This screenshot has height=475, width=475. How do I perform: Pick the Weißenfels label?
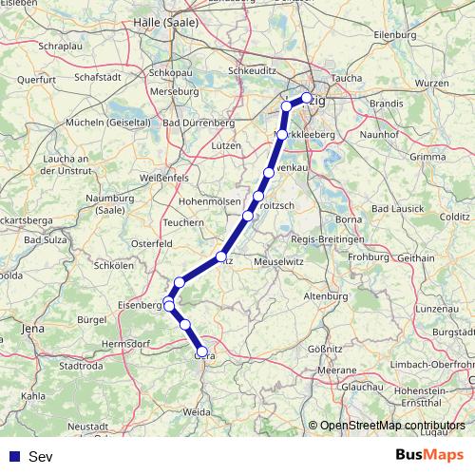(x=165, y=179)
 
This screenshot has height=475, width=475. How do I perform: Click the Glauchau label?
(x=362, y=388)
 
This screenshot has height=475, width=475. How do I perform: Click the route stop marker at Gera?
(x=201, y=351)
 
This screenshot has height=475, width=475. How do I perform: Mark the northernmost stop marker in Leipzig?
(x=307, y=97)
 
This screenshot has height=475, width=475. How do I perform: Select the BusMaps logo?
(x=430, y=457)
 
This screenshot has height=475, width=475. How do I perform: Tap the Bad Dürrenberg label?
(x=201, y=123)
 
